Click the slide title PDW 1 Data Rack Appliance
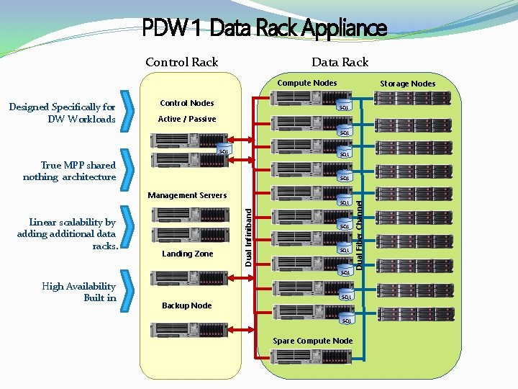(x=264, y=29)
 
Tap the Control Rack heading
(x=181, y=62)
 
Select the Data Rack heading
(x=340, y=62)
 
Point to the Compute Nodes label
(x=306, y=83)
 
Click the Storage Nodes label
(x=407, y=84)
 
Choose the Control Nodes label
(x=186, y=103)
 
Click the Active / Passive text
(x=186, y=119)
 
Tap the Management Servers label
(x=186, y=195)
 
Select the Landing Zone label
(x=187, y=254)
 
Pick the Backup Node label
(x=186, y=305)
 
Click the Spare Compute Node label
(x=312, y=341)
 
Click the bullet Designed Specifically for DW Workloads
(x=63, y=113)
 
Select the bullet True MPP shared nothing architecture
(x=70, y=171)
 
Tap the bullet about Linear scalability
(x=67, y=234)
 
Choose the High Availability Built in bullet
(x=79, y=292)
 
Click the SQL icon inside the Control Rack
(x=224, y=151)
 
